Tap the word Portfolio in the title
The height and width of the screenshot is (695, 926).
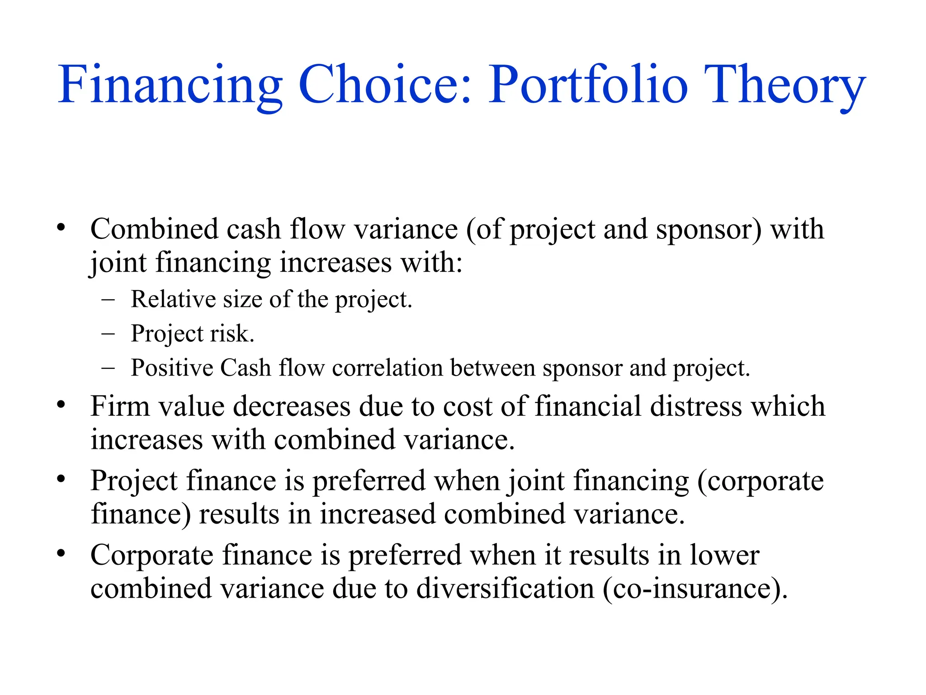[x=588, y=85]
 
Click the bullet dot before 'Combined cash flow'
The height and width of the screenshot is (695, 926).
[x=61, y=228]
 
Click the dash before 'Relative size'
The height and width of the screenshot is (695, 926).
[x=108, y=300]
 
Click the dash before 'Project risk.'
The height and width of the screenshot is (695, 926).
[x=108, y=334]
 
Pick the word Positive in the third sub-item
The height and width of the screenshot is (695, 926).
[x=172, y=368]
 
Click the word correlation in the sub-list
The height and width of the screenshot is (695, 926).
[x=387, y=368]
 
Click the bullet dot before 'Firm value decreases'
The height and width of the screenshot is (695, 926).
[x=61, y=405]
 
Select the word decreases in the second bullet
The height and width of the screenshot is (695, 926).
[x=292, y=406]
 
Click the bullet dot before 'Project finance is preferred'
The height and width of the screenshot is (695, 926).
[x=61, y=479]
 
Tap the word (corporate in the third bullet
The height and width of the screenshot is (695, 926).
[x=761, y=481]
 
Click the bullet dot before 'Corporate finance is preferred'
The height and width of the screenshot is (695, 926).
[x=61, y=553]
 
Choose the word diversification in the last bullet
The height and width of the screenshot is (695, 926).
[x=505, y=589]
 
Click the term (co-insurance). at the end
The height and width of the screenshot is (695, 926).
[x=695, y=590]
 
